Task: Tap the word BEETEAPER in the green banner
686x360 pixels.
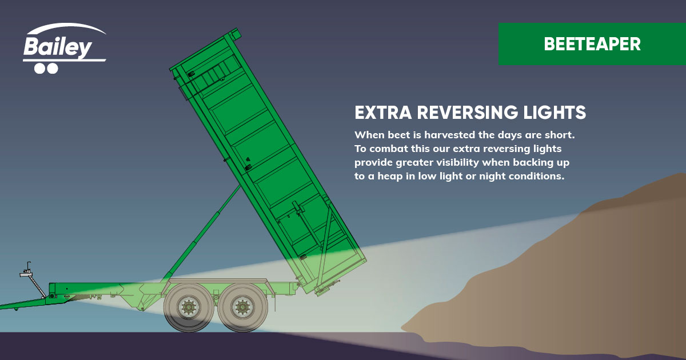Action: [592, 44]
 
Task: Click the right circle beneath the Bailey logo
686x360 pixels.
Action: [52, 69]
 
